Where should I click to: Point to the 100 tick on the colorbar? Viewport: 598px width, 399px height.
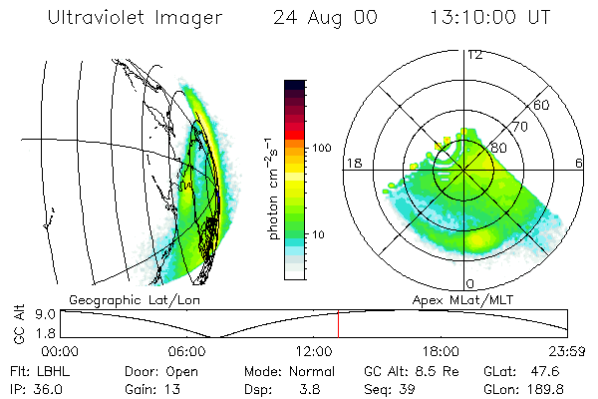pos(321,148)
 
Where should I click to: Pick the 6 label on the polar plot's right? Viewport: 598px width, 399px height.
pos(579,163)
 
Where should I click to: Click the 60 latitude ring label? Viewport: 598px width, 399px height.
pos(543,105)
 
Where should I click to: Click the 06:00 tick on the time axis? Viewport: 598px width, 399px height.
pos(187,351)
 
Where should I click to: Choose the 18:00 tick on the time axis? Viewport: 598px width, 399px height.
pos(442,351)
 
